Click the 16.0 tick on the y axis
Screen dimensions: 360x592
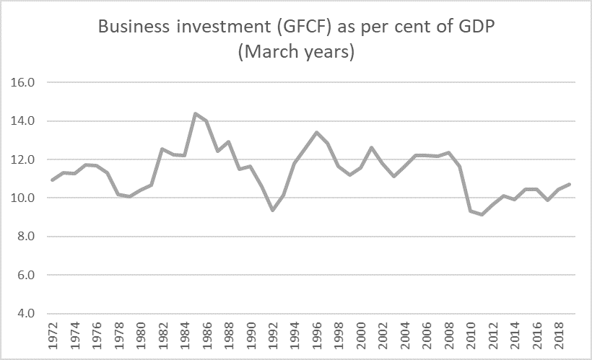pyautogui.click(x=23, y=82)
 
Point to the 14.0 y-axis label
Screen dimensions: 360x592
pyautogui.click(x=23, y=121)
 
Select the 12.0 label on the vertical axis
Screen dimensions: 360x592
pyautogui.click(x=23, y=159)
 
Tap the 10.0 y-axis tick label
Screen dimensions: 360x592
pyautogui.click(x=23, y=198)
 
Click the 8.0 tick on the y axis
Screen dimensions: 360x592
pyautogui.click(x=25, y=237)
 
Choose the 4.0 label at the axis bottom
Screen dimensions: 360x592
pyautogui.click(x=25, y=314)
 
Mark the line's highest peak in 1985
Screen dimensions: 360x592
pyautogui.click(x=195, y=113)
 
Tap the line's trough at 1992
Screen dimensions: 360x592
pyautogui.click(x=272, y=210)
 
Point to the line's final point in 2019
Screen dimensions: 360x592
pyautogui.click(x=570, y=184)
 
